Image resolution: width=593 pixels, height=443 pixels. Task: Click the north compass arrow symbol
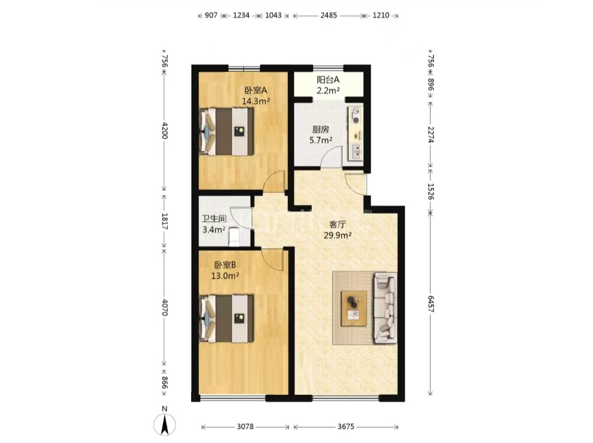click(165, 424)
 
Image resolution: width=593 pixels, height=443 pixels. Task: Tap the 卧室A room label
click(256, 91)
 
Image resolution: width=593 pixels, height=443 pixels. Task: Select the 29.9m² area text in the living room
click(337, 235)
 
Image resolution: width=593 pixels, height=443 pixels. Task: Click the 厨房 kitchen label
click(321, 130)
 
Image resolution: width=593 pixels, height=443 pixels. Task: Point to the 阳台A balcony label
click(328, 80)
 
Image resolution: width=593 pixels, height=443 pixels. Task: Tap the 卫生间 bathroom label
click(214, 219)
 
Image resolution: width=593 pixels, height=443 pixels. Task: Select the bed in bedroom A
click(226, 132)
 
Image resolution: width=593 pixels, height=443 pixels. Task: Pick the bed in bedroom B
click(226, 318)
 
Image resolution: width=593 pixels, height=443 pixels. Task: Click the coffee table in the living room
click(354, 308)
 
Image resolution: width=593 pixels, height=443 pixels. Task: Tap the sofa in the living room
click(385, 307)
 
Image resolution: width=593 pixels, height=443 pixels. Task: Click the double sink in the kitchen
click(356, 152)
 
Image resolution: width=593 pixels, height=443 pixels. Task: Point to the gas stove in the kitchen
click(355, 115)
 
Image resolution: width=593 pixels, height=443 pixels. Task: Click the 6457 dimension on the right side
click(430, 304)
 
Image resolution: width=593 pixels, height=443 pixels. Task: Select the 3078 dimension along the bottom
click(245, 427)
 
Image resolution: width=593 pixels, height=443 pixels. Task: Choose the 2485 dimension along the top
click(328, 15)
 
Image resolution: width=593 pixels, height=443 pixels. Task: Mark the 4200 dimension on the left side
click(164, 130)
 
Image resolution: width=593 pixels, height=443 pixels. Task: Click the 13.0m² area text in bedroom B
click(225, 276)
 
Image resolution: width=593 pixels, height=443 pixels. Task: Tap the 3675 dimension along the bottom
click(346, 427)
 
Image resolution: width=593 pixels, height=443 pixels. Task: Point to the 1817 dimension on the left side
click(164, 222)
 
